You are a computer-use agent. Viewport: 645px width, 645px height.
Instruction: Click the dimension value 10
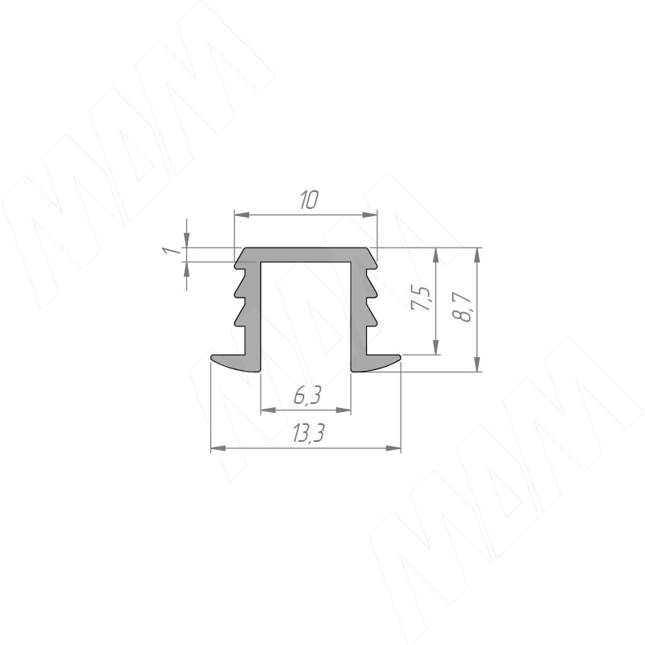tap(309, 200)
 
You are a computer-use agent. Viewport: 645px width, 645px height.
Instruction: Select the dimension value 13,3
tap(309, 433)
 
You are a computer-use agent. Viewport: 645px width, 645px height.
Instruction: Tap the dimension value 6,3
tap(307, 396)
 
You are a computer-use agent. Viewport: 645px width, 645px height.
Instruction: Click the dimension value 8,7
tap(461, 307)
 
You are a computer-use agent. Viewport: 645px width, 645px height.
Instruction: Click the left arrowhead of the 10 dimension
tap(241, 214)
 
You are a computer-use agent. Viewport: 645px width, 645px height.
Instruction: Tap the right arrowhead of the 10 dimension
tap(369, 214)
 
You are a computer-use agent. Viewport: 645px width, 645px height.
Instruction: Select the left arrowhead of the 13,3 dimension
tap(218, 448)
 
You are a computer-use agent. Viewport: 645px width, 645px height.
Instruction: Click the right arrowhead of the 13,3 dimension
tap(393, 448)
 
